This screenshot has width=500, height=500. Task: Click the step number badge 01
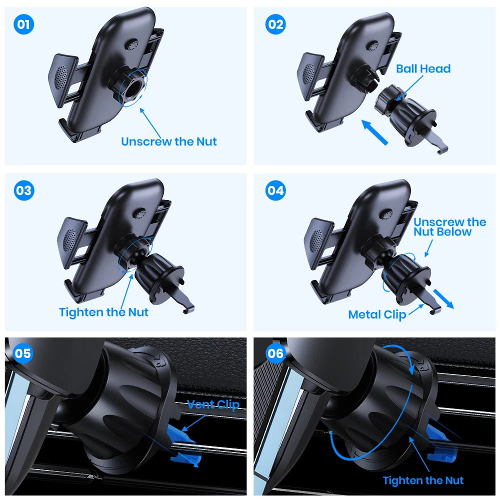pyautogui.click(x=23, y=24)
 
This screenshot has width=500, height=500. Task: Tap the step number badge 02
pyautogui.click(x=275, y=24)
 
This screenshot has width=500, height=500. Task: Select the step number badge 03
pyautogui.click(x=23, y=190)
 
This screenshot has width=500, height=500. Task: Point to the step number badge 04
pyautogui.click(x=275, y=190)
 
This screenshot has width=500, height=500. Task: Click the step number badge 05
pyautogui.click(x=22, y=354)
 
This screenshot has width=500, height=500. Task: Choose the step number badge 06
pyautogui.click(x=275, y=354)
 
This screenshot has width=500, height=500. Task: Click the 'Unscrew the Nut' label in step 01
pyautogui.click(x=169, y=141)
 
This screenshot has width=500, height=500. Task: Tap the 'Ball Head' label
pyautogui.click(x=423, y=68)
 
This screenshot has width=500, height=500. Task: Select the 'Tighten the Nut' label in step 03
pyautogui.click(x=103, y=312)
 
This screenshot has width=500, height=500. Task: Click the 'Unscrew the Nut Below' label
pyautogui.click(x=449, y=226)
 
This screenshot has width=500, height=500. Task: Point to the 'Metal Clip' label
pyautogui.click(x=377, y=314)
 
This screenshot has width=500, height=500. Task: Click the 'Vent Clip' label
pyautogui.click(x=213, y=404)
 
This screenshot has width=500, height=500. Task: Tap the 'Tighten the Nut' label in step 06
pyautogui.click(x=423, y=480)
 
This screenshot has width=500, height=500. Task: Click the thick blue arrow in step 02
pyautogui.click(x=375, y=132)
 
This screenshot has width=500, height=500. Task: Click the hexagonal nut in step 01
pyautogui.click(x=132, y=86)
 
